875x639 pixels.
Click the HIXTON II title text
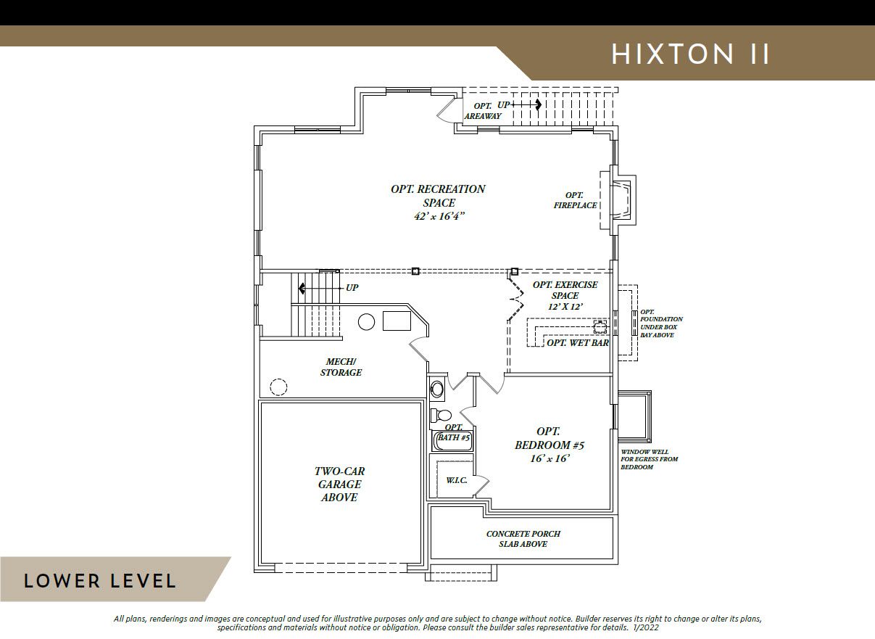point(690,54)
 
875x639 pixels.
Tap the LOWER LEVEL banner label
point(100,581)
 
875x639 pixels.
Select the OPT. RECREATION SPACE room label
point(439,202)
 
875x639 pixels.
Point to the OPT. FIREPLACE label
point(575,200)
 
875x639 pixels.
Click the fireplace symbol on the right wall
point(621,200)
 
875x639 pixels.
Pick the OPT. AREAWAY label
point(483,111)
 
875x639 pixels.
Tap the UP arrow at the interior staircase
point(320,289)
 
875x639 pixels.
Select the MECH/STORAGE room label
point(341,367)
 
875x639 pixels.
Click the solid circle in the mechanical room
point(366,322)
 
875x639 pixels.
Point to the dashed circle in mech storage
point(278,387)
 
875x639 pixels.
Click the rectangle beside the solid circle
point(397,321)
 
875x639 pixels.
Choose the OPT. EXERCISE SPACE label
point(565,295)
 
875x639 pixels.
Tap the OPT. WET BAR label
point(577,343)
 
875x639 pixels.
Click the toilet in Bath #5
point(441,415)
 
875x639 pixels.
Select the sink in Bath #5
point(437,389)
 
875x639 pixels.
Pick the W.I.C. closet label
point(457,480)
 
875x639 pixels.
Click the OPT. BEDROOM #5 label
point(550,445)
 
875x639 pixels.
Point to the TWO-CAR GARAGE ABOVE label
point(339,485)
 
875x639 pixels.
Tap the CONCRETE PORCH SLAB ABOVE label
point(523,539)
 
